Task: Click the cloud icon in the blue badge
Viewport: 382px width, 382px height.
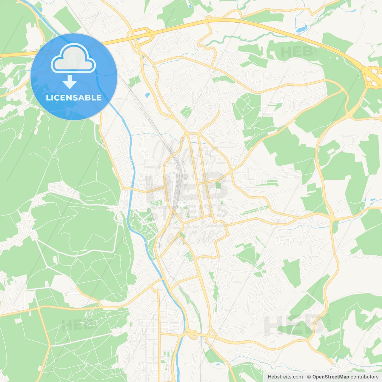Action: tap(73, 58)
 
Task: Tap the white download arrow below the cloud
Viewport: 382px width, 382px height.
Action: tap(70, 82)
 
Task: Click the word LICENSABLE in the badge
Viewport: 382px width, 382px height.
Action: tap(74, 98)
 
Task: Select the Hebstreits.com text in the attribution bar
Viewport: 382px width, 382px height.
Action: tap(285, 377)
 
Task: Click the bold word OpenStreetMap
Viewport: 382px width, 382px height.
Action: tap(331, 377)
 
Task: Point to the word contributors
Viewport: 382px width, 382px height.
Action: tap(364, 377)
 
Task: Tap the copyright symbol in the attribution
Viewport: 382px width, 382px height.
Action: tap(309, 377)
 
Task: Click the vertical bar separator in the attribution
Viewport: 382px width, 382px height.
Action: tap(305, 377)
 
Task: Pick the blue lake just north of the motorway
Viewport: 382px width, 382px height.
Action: tap(301, 29)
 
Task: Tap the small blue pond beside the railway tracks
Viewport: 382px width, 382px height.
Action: tap(147, 95)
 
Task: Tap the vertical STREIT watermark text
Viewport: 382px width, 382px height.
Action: tap(329, 322)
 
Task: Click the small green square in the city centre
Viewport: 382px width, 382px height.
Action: tap(218, 185)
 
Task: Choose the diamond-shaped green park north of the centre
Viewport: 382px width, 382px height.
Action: tap(186, 112)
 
